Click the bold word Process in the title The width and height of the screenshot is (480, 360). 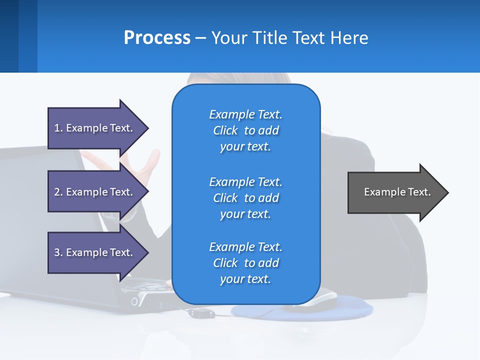[157, 38]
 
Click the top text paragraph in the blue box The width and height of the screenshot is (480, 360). [245, 130]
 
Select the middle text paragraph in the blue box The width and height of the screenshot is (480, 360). [245, 198]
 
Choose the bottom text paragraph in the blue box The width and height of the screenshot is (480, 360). [245, 263]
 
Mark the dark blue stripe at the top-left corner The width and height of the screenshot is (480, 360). [9, 36]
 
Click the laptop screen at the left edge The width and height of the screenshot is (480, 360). [30, 210]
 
